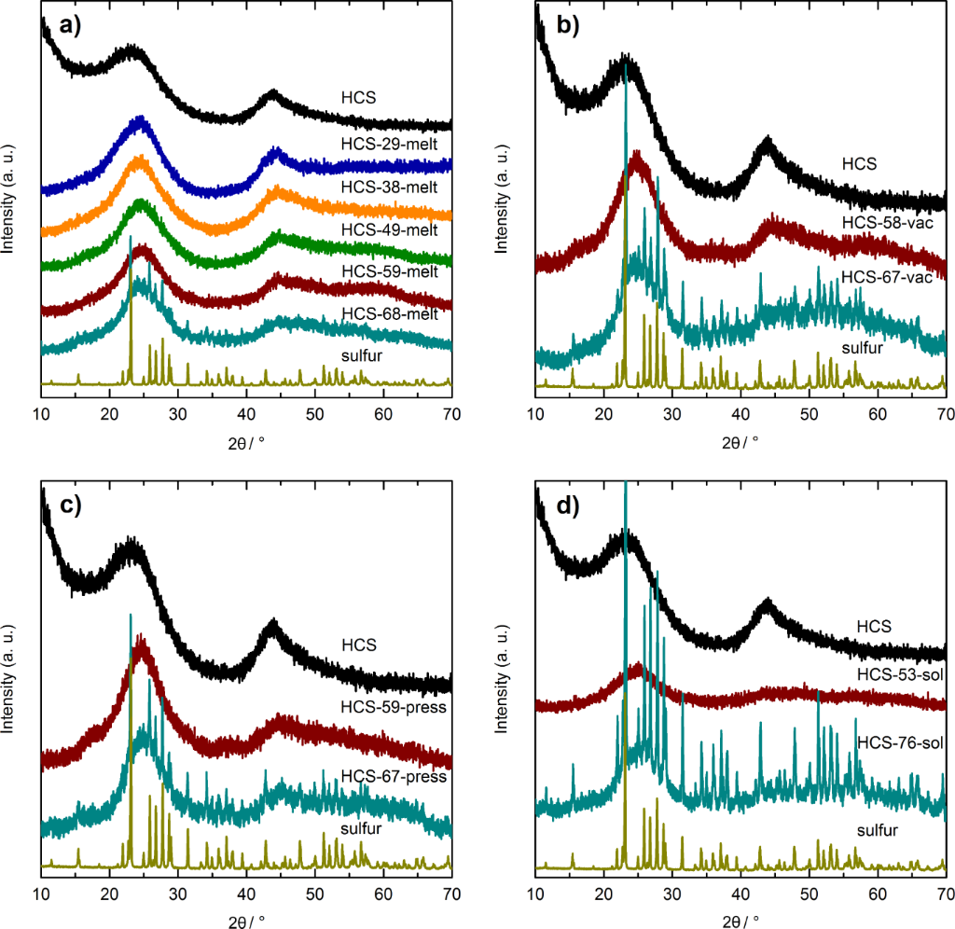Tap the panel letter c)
(x=71, y=506)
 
